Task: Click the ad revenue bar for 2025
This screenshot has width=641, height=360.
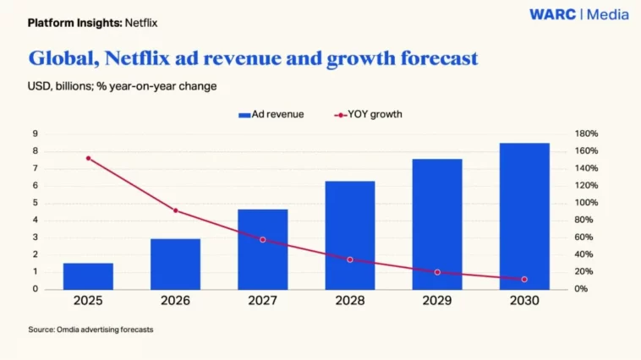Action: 88,275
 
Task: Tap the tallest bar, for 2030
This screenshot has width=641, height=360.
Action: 523,216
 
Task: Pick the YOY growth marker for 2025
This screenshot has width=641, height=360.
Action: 88,158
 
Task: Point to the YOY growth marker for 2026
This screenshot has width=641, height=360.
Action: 175,210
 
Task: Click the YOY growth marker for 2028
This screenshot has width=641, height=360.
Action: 350,259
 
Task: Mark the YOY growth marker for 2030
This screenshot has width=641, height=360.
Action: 524,279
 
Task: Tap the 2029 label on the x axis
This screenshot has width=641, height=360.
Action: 437,301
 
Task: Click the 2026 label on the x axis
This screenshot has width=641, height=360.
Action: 175,301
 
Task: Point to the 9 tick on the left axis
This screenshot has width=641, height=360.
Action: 35,134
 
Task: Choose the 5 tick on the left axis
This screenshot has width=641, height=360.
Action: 35,203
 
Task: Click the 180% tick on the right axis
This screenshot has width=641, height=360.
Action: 586,134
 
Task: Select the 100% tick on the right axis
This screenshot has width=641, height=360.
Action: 586,203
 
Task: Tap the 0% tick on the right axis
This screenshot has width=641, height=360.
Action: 582,289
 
